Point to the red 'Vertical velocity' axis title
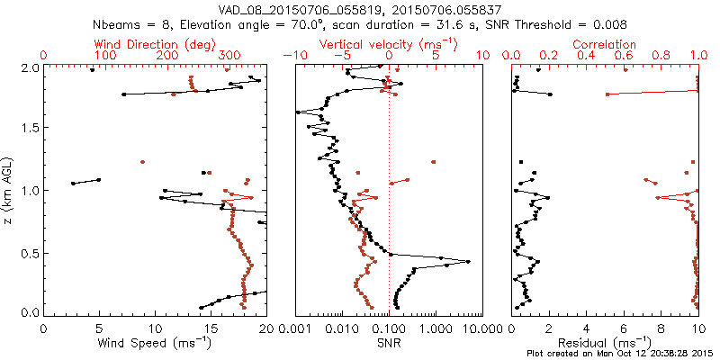[x=388, y=43]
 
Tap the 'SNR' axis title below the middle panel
[x=389, y=342]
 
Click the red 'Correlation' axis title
[x=605, y=43]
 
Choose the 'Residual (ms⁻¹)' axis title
[x=605, y=342]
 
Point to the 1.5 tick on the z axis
[x=30, y=129]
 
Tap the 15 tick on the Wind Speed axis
[x=211, y=329]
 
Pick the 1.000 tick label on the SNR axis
[x=436, y=329]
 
